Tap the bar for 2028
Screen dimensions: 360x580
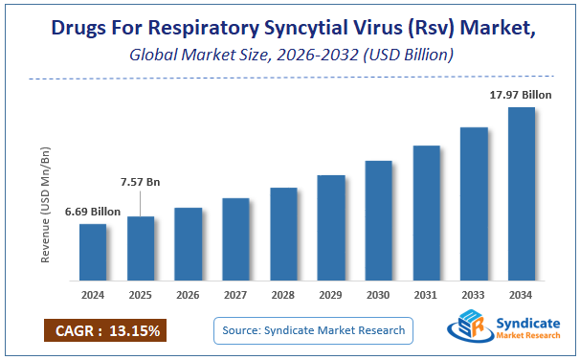click(x=283, y=234)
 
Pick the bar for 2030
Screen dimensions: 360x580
click(x=379, y=220)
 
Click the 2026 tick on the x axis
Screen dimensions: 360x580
click(x=189, y=295)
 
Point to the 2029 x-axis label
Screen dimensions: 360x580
click(x=331, y=295)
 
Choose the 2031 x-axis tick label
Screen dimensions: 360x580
click(x=426, y=295)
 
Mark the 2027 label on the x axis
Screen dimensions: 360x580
click(x=235, y=295)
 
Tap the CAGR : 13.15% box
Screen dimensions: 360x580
click(x=106, y=331)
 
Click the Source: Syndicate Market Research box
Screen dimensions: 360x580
click(x=313, y=330)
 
